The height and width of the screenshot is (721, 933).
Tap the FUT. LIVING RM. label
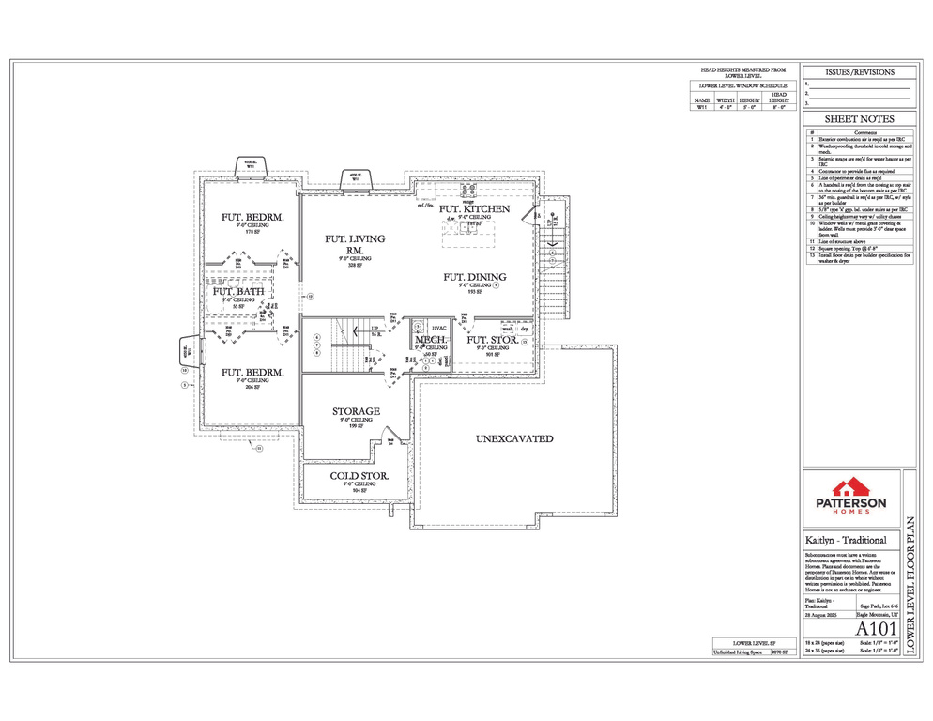(354, 244)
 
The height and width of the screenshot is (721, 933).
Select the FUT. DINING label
(475, 277)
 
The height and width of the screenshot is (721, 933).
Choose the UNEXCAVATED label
(513, 438)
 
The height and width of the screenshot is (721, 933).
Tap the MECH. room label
(431, 340)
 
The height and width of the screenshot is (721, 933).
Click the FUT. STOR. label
(492, 340)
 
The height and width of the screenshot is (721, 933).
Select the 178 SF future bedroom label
(252, 218)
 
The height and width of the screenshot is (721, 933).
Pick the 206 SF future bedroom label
(252, 373)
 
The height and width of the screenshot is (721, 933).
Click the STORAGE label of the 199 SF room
(356, 411)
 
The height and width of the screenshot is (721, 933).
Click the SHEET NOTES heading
(859, 119)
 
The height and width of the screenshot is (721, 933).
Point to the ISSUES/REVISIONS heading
(859, 72)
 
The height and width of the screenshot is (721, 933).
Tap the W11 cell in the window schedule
(701, 108)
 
